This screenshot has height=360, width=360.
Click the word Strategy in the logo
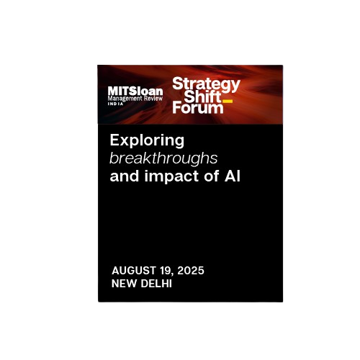click(206, 85)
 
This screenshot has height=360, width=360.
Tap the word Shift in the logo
click(203, 96)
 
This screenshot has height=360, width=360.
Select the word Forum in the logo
click(198, 107)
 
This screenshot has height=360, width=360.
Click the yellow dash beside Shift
click(228, 101)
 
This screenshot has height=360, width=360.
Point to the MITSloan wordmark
click(135, 91)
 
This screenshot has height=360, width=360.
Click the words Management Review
click(135, 99)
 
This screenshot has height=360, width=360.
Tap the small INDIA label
click(115, 104)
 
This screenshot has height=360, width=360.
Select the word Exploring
click(147, 141)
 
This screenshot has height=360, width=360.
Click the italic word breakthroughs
click(163, 158)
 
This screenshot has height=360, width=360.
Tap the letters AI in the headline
click(233, 176)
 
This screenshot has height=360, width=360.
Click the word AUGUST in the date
click(134, 271)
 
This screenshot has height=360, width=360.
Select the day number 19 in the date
click(165, 271)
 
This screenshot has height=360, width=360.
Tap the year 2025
click(191, 271)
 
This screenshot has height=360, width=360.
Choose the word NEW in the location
click(125, 284)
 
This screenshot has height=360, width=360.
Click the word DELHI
click(156, 284)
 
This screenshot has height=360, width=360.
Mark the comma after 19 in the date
click(172, 274)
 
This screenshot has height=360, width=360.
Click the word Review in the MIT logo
click(153, 98)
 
